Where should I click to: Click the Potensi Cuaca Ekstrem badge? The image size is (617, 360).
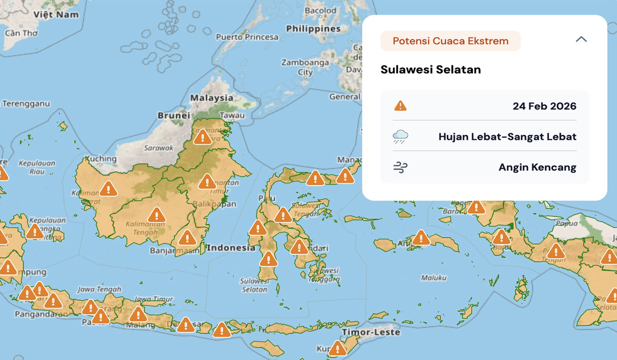[450, 41]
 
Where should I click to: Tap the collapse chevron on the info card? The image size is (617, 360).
[581, 40]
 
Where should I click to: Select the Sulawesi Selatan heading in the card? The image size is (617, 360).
[430, 69]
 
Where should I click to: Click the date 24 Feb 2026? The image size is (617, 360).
[544, 106]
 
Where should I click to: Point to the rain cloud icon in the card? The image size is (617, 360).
[401, 137]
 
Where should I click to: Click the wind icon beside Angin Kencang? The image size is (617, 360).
[401, 167]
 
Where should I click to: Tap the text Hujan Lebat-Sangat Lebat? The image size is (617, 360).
[507, 137]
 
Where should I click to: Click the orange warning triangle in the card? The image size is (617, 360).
[400, 106]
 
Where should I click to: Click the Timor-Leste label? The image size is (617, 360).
[371, 332]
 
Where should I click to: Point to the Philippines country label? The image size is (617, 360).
[313, 29]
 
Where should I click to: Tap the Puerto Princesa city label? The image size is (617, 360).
[247, 37]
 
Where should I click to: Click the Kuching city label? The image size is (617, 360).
[101, 158]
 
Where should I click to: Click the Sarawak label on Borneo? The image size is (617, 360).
[159, 148]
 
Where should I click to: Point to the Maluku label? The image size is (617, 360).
[433, 278]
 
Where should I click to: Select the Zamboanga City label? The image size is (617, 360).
[305, 67]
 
